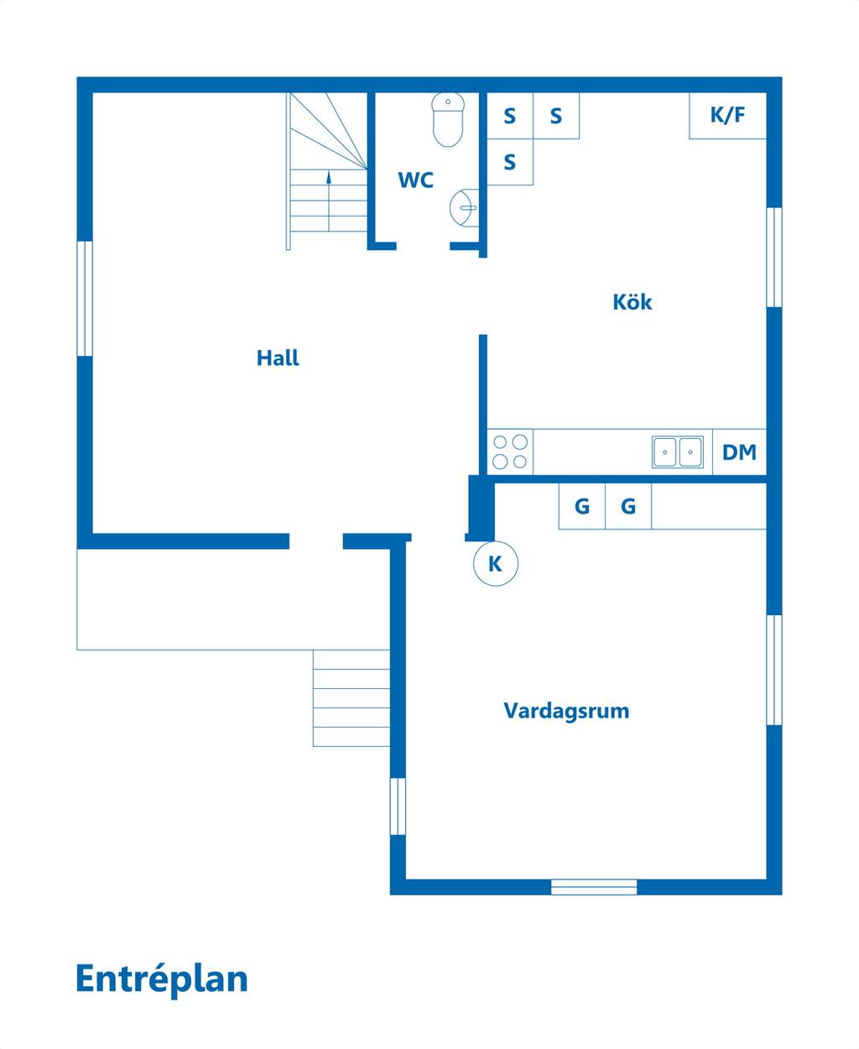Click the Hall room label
click(x=278, y=358)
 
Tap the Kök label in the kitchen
click(x=632, y=302)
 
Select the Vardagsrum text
click(x=566, y=711)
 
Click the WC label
click(x=415, y=180)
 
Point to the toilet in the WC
click(x=448, y=119)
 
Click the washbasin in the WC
click(x=464, y=207)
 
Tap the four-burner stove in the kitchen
click(x=510, y=451)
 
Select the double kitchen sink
click(x=678, y=452)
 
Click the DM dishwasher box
click(x=739, y=451)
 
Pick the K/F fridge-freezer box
click(x=728, y=116)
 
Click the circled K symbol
click(x=496, y=564)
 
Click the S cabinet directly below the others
click(x=510, y=162)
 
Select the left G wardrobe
click(x=582, y=506)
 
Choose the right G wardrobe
click(x=628, y=506)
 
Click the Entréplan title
click(x=162, y=979)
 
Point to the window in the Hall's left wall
click(x=85, y=299)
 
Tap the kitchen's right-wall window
click(x=774, y=257)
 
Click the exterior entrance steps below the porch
click(x=351, y=698)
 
